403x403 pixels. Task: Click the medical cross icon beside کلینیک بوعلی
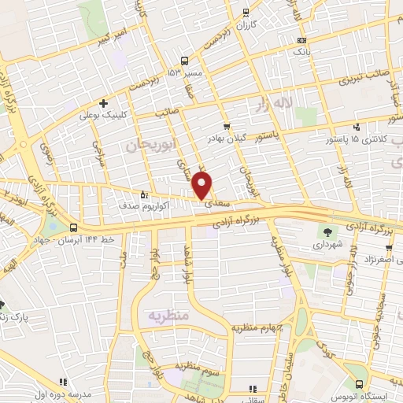[103, 103]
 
